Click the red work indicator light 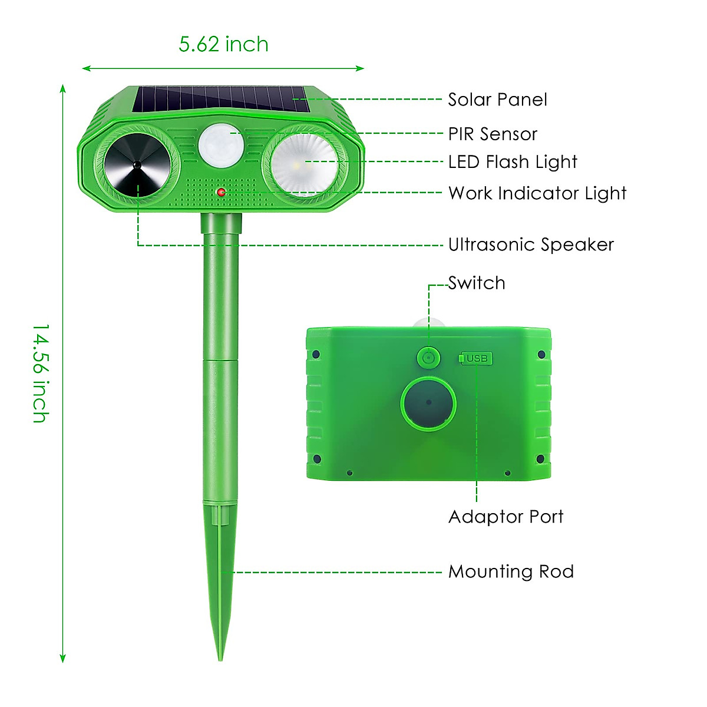221,192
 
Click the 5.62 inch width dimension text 223,44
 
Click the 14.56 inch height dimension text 40,373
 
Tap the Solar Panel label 497,100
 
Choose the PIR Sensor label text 493,134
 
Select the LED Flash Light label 513,162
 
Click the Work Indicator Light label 537,193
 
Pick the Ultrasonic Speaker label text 531,245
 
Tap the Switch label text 477,283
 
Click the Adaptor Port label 506,517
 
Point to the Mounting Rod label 511,571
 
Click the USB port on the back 476,358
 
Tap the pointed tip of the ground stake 221,657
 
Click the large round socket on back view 428,403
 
